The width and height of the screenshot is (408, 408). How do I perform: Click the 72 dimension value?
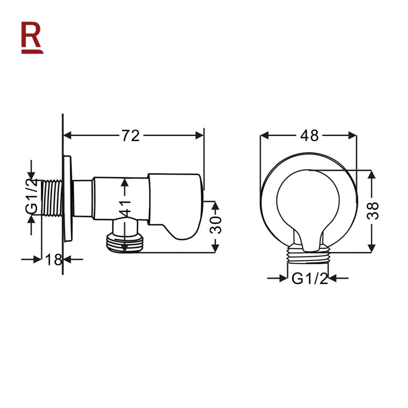click(130, 135)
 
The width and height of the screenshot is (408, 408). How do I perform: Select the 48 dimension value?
click(309, 135)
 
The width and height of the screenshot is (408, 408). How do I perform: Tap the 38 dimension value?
click(374, 211)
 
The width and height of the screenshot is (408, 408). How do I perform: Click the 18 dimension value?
click(53, 259)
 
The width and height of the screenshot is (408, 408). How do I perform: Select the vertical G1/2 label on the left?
click(32, 196)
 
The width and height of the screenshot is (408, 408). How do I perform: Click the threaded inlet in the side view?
click(52, 198)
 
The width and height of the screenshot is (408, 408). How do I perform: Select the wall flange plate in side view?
click(68, 198)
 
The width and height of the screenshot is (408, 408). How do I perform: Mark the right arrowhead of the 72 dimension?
click(200, 135)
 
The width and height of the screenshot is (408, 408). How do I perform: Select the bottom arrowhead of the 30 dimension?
click(215, 248)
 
